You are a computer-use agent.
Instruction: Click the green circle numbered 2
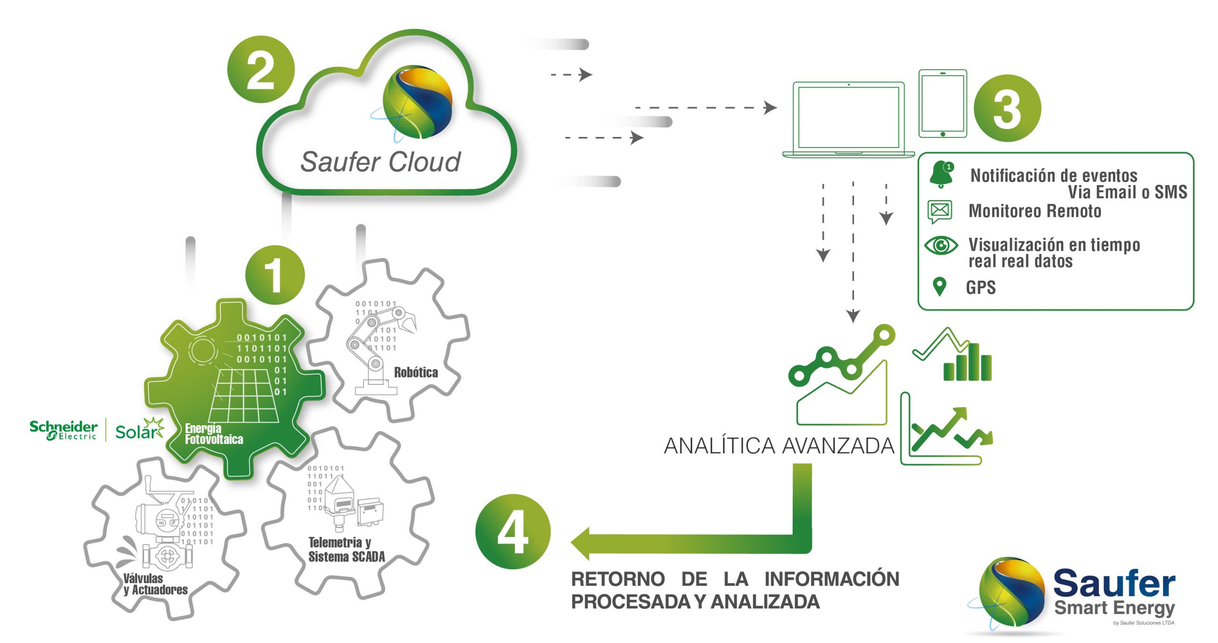(x=261, y=69)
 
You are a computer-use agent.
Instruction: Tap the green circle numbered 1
(x=275, y=275)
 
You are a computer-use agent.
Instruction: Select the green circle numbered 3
(x=1007, y=108)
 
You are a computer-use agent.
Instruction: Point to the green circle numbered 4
(x=512, y=531)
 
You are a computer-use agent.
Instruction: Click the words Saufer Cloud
(x=380, y=162)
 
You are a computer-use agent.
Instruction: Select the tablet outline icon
(x=943, y=104)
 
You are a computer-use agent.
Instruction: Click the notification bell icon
(x=941, y=174)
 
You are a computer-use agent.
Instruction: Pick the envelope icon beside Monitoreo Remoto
(x=939, y=211)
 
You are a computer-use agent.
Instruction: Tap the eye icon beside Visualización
(x=941, y=245)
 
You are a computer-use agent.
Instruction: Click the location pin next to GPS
(x=939, y=287)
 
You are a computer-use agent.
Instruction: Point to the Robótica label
(x=416, y=372)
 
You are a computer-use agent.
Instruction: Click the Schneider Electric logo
(x=63, y=430)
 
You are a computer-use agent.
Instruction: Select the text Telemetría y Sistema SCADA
(x=346, y=549)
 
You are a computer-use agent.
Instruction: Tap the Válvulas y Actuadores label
(x=155, y=584)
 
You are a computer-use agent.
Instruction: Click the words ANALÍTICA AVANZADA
(x=779, y=446)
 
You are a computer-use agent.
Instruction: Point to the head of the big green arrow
(x=581, y=543)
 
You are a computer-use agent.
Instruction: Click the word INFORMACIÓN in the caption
(x=831, y=579)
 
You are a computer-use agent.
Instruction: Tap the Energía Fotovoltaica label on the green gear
(x=214, y=434)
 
